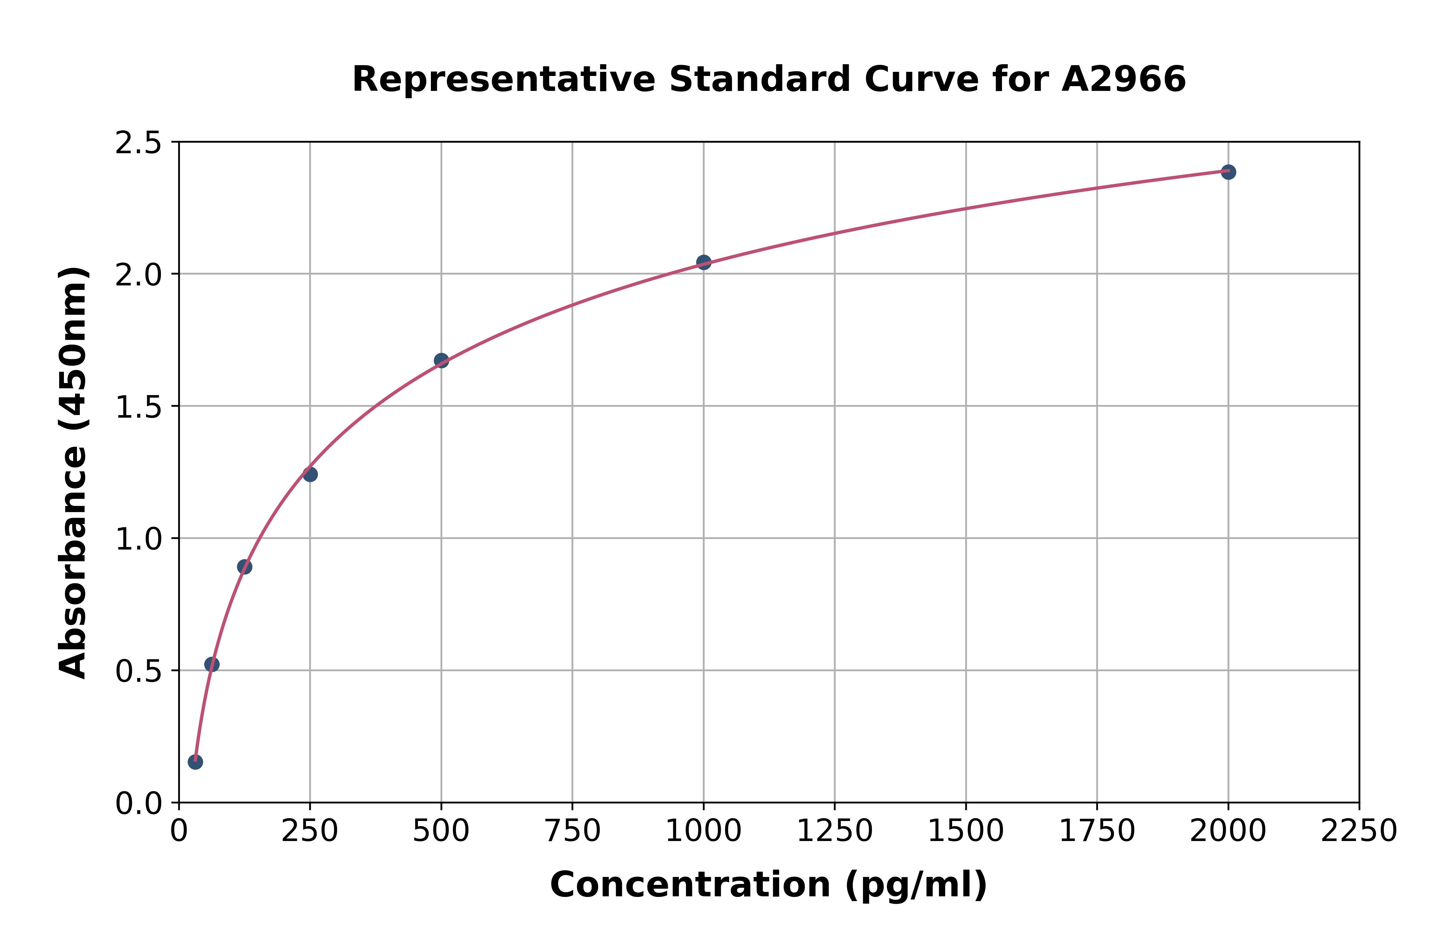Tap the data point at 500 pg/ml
441,361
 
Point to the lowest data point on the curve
195,762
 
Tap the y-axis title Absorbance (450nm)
73,473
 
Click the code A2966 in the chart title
1123,79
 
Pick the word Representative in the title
503,79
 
